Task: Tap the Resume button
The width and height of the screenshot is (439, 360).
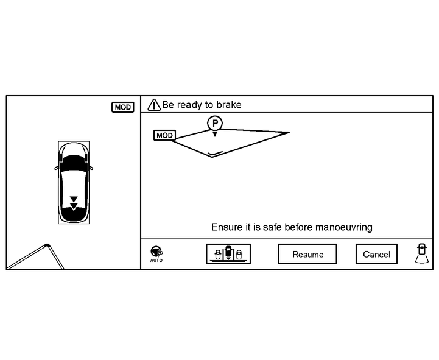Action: (x=307, y=254)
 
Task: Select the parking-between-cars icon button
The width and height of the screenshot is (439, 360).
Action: (x=228, y=254)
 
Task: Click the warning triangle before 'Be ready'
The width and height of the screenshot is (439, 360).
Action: (x=154, y=105)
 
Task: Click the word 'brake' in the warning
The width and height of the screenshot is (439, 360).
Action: (x=229, y=105)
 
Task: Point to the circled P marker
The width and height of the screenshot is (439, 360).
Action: (x=214, y=123)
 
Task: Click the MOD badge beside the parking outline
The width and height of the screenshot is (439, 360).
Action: (x=164, y=135)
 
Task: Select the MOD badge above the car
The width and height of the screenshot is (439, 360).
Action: (x=122, y=107)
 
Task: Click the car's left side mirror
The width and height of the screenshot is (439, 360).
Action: (x=57, y=168)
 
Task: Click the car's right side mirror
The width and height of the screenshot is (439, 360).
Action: (x=91, y=168)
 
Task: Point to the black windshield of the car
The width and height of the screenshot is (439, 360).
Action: (x=74, y=163)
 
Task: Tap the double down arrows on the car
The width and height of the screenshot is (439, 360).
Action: (x=74, y=202)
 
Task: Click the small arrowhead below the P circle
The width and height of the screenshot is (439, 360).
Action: (x=214, y=134)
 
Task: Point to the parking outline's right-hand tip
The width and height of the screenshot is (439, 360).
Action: (x=288, y=132)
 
